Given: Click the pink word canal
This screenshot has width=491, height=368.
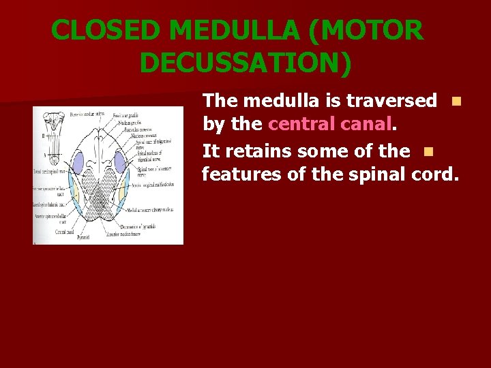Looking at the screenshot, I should tap(369, 125).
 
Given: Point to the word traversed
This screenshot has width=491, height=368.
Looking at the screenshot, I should tap(391, 101).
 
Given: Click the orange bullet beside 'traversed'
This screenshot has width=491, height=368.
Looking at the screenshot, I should tap(456, 102).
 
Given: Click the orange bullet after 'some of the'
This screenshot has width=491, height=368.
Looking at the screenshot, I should tap(428, 151).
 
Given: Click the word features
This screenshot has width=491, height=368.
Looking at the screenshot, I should tap(241, 174).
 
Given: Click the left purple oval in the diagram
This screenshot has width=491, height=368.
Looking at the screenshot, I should tap(78, 162).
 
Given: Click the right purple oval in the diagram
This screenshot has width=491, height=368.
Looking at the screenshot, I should tap(121, 162).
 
